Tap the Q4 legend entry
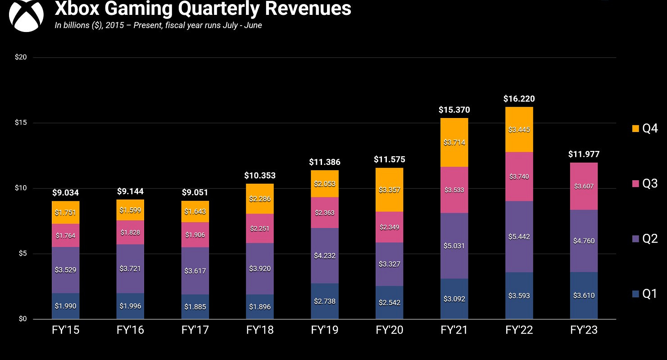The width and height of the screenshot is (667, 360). pyautogui.click(x=644, y=128)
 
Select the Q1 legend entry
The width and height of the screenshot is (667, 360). pyautogui.click(x=644, y=294)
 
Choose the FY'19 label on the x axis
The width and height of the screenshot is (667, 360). pyautogui.click(x=325, y=330)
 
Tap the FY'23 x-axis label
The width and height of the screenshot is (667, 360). pyautogui.click(x=584, y=330)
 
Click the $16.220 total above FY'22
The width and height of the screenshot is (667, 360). pyautogui.click(x=519, y=99)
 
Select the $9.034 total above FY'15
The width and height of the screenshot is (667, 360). pyautogui.click(x=65, y=193)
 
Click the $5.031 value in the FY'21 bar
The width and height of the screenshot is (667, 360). pyautogui.click(x=454, y=246)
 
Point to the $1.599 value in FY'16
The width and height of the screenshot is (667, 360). pyautogui.click(x=130, y=210)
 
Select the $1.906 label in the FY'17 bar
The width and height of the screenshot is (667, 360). pyautogui.click(x=195, y=235)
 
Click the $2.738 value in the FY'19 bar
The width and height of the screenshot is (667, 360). pyautogui.click(x=325, y=301)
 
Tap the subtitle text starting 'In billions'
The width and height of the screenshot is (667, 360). pyautogui.click(x=158, y=25)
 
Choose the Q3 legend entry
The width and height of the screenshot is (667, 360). pyautogui.click(x=644, y=183)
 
